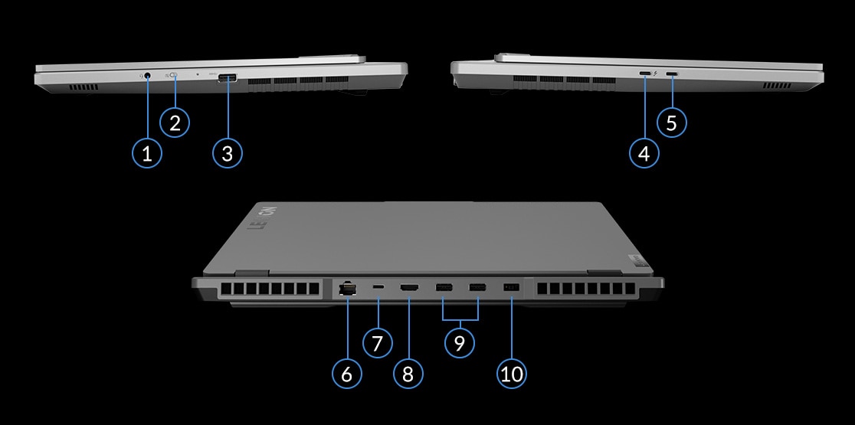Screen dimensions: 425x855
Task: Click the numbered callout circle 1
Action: (x=147, y=153)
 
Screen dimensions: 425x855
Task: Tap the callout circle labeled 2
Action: (x=175, y=122)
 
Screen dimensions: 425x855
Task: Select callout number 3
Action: (x=227, y=153)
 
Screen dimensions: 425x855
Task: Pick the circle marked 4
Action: (x=644, y=153)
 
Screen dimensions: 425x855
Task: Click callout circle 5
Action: (x=672, y=122)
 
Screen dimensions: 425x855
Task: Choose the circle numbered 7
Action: (x=377, y=342)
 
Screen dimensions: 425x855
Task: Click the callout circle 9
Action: (x=460, y=342)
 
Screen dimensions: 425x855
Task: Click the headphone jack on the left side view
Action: (x=146, y=76)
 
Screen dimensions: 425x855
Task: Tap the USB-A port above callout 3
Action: (x=228, y=77)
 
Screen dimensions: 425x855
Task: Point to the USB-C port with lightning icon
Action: (x=645, y=74)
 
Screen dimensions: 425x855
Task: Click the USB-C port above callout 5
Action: (x=672, y=74)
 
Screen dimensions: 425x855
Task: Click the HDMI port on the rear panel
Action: (x=409, y=288)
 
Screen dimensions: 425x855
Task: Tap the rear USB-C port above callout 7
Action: (x=378, y=287)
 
